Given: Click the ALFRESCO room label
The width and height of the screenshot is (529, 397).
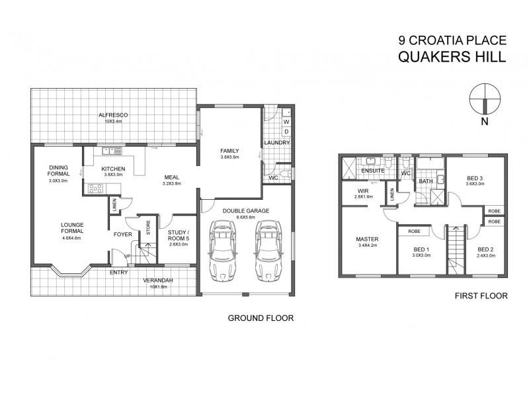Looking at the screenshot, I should pyautogui.click(x=113, y=115).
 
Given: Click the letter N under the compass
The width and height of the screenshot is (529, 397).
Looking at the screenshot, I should pyautogui.click(x=485, y=121).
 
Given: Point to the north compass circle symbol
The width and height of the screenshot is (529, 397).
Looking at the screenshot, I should pyautogui.click(x=485, y=97).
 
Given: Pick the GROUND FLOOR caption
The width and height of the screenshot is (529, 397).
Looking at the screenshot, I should pyautogui.click(x=261, y=318).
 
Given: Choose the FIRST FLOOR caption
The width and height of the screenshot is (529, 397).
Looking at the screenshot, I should pyautogui.click(x=481, y=296).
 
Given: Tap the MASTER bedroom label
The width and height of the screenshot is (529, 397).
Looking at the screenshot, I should pyautogui.click(x=366, y=240).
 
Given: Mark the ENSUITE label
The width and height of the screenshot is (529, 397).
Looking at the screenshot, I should pyautogui.click(x=374, y=171).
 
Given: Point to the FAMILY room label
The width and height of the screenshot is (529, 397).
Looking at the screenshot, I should pyautogui.click(x=229, y=152).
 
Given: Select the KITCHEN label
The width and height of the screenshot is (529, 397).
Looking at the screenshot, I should pyautogui.click(x=114, y=169).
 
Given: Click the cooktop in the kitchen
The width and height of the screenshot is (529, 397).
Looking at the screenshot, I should pyautogui.click(x=95, y=189).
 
